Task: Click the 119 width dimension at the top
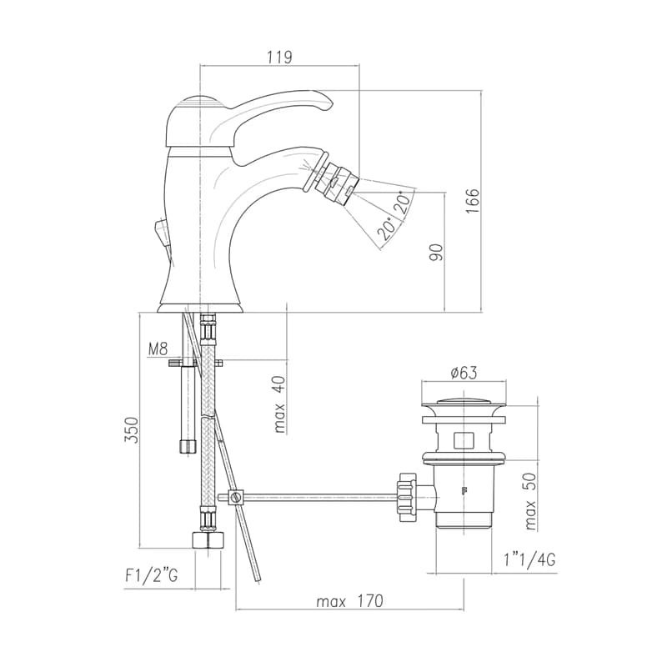click(279, 57)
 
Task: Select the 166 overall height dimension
click(473, 201)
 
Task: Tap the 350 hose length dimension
click(132, 430)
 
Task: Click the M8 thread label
click(158, 349)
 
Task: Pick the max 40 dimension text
click(279, 404)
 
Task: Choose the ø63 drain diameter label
click(464, 373)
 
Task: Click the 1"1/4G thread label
click(529, 559)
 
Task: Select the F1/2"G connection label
click(152, 575)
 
